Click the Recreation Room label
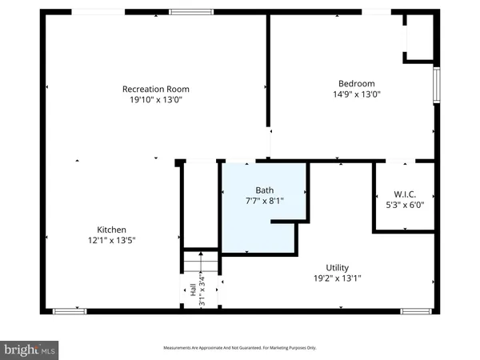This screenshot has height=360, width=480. [x=155, y=88]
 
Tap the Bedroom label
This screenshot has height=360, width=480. [x=356, y=83]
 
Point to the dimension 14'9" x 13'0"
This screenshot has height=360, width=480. [x=356, y=94]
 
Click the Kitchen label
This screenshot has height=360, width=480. [x=111, y=228]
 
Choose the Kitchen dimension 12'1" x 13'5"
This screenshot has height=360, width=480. [x=111, y=239]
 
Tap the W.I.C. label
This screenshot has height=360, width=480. [x=404, y=194]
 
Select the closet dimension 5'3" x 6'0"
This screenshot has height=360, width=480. [x=404, y=205]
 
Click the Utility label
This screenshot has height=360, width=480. [x=337, y=268]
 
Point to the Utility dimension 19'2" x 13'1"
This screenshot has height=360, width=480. [x=337, y=279]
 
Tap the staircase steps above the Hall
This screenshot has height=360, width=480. [x=198, y=262]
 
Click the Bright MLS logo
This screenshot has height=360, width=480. [x=30, y=350]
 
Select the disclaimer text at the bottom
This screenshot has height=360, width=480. [x=240, y=348]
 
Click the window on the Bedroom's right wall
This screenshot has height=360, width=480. [x=436, y=86]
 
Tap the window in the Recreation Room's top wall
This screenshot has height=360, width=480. [x=191, y=11]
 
